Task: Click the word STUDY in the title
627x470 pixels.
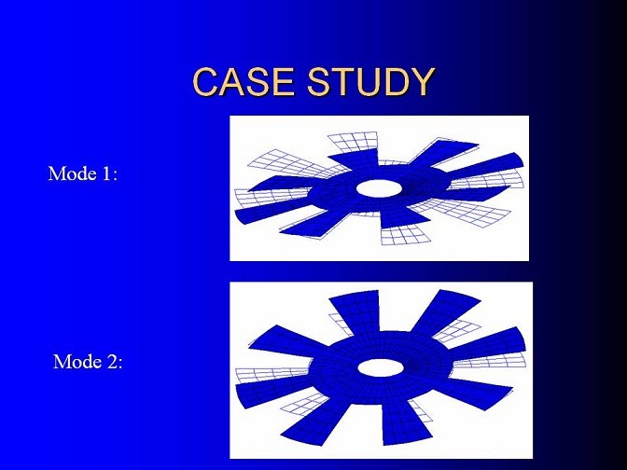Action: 370,81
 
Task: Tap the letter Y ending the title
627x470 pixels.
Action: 422,81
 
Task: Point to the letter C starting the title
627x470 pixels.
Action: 205,81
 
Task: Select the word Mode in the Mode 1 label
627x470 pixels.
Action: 73,173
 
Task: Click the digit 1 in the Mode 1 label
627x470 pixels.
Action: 106,173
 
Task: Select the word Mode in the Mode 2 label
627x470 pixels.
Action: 77,362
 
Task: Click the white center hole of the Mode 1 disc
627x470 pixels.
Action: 378,188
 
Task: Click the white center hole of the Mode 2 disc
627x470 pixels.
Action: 381,367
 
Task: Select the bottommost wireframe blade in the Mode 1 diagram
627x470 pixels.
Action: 405,235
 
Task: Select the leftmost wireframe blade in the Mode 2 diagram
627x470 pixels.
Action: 272,375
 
